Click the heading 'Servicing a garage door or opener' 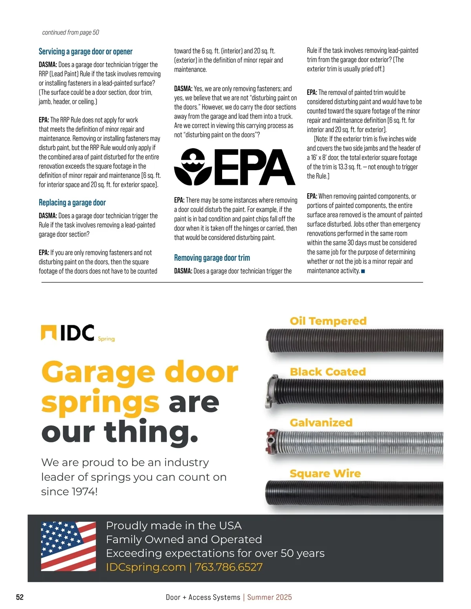click(x=86, y=51)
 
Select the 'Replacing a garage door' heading click(x=72, y=202)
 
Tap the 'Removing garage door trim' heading click(x=212, y=258)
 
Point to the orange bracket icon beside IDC click(x=49, y=333)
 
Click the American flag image click(x=68, y=546)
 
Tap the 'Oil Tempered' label click(x=328, y=321)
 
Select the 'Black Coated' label click(x=328, y=372)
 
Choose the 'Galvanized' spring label click(x=321, y=422)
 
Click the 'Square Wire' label click(x=325, y=473)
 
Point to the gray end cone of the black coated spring click(x=272, y=391)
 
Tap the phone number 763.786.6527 click(x=229, y=567)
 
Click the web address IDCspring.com click(x=146, y=567)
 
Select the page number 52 click(x=20, y=597)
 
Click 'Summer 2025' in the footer click(x=270, y=597)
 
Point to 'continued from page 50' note click(x=71, y=33)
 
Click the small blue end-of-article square click(x=363, y=271)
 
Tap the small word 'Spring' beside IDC click(x=106, y=339)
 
